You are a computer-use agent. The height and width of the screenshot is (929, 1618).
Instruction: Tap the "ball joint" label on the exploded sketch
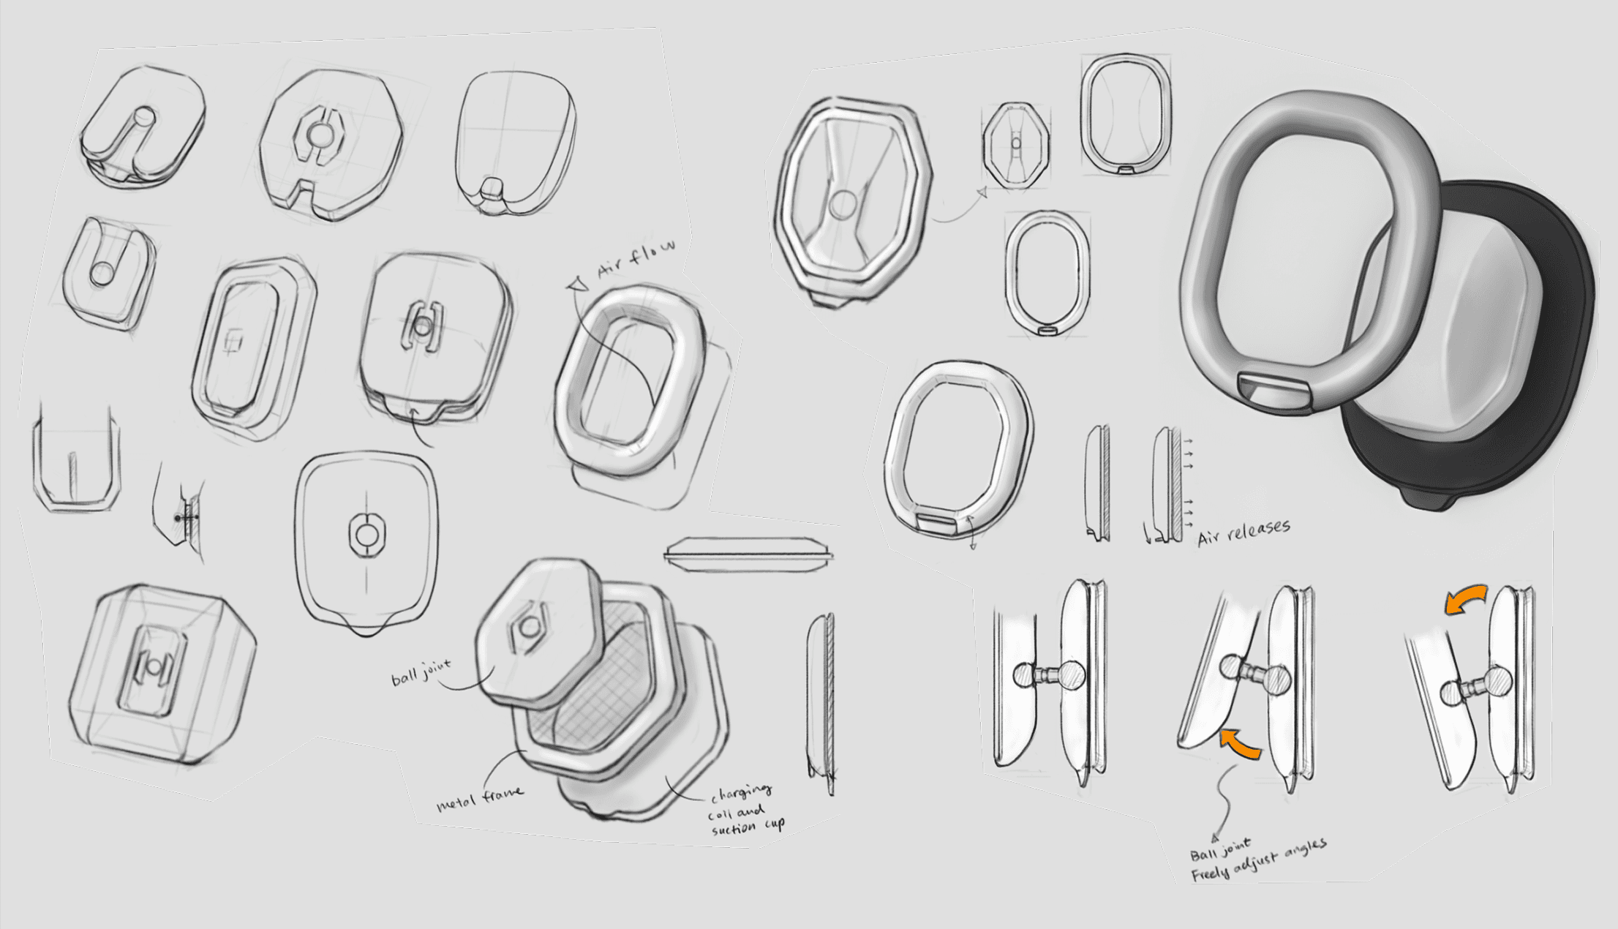pyautogui.click(x=421, y=672)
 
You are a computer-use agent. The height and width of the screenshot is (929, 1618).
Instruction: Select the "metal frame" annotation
pyautogui.click(x=479, y=798)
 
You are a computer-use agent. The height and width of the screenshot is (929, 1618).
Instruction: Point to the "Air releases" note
pyautogui.click(x=1243, y=532)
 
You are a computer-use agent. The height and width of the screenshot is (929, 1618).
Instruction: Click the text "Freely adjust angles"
pyautogui.click(x=1258, y=860)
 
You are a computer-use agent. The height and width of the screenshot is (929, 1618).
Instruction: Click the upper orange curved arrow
pyautogui.click(x=1465, y=598)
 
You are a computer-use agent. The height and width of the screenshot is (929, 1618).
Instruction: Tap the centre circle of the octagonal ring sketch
pyautogui.click(x=844, y=204)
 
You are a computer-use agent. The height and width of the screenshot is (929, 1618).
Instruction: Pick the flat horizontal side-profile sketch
pyautogui.click(x=748, y=554)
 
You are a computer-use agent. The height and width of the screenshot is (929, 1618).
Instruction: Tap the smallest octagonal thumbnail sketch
pyautogui.click(x=1016, y=145)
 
